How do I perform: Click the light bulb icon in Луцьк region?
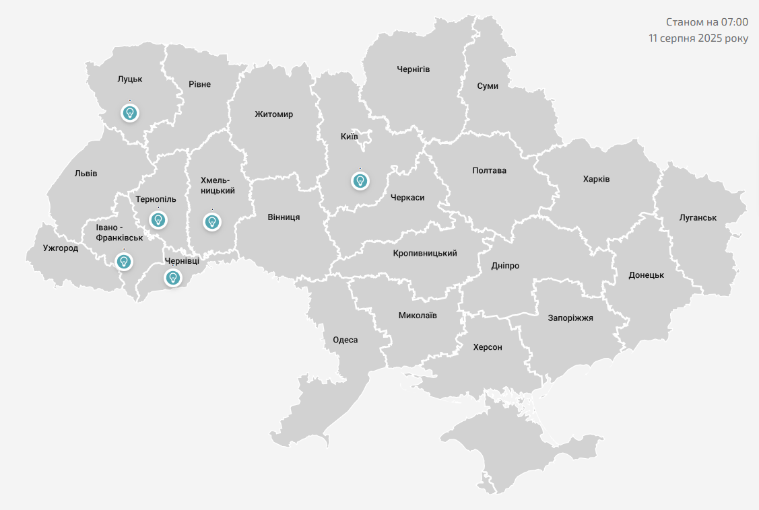tap(130, 112)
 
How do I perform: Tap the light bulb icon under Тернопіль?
tap(158, 219)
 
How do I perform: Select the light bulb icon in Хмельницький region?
tap(212, 221)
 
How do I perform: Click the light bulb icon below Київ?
tap(360, 180)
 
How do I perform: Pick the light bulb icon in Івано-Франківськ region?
tap(124, 261)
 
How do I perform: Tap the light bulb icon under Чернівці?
tap(173, 277)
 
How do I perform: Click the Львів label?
tap(86, 173)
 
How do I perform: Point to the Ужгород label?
tap(61, 248)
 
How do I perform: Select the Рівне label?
tap(199, 84)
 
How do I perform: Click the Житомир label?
tap(274, 114)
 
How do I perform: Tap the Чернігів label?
tap(414, 69)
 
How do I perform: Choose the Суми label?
tap(487, 86)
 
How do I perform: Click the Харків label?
tap(596, 179)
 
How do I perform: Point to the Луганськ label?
tap(698, 217)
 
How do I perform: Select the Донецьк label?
tap(646, 275)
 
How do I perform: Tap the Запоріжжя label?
tap(570, 318)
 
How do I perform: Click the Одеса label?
tap(345, 340)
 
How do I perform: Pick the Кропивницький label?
tap(425, 253)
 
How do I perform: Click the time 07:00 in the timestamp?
tap(735, 22)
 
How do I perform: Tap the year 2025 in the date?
tap(711, 38)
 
